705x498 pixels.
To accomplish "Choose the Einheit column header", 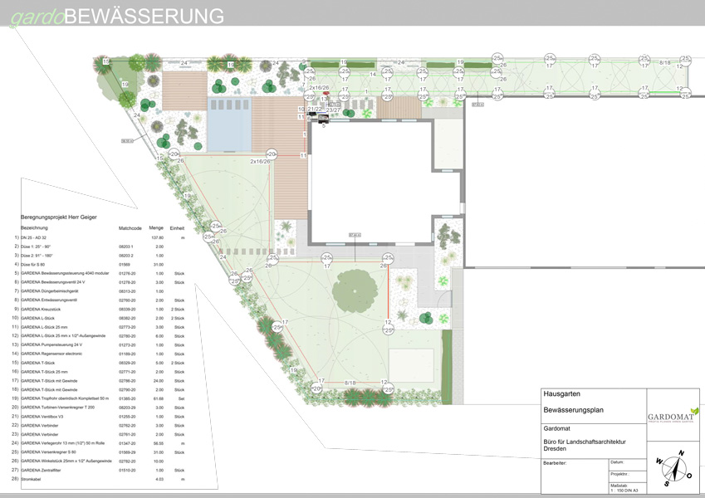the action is pos(178,227).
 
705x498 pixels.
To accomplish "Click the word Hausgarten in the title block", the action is pos(561,393).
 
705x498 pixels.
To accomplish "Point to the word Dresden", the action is pos(555,448).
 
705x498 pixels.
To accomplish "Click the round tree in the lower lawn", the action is pos(355,290).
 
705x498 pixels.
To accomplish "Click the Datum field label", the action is pos(616,462).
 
